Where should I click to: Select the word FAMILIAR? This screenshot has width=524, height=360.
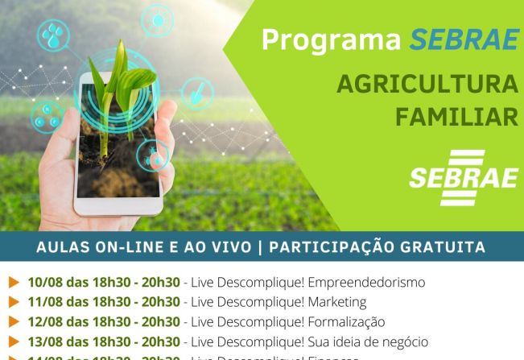point(456,118)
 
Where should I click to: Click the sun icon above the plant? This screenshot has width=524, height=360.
point(157,19)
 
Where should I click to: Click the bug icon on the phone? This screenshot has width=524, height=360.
point(151,156)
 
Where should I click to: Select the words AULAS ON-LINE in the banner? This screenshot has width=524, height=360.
point(89,247)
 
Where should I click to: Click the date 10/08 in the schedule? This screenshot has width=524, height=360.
point(45,283)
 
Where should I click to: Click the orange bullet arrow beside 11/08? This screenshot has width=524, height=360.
point(14,302)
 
